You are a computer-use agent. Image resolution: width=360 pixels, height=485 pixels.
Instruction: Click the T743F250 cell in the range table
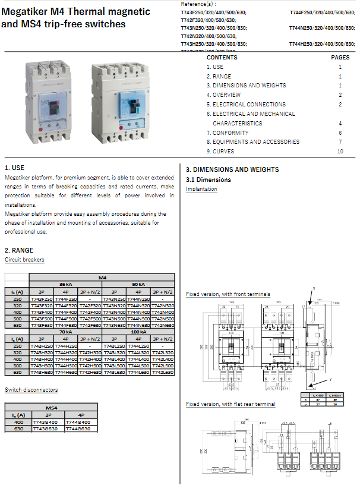click(x=42, y=298)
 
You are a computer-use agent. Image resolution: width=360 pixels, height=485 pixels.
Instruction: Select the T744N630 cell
click(x=138, y=325)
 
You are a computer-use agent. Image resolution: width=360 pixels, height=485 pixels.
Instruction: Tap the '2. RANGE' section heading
click(x=19, y=250)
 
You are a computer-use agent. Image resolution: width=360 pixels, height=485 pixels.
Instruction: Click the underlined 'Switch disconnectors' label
click(x=31, y=390)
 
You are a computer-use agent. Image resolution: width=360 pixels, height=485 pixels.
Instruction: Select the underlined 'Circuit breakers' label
click(x=24, y=260)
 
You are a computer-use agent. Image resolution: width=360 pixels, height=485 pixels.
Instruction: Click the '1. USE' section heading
click(x=14, y=169)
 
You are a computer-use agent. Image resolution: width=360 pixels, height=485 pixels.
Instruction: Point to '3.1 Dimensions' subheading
click(x=209, y=179)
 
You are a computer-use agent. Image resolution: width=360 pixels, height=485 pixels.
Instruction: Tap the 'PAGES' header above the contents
click(x=340, y=58)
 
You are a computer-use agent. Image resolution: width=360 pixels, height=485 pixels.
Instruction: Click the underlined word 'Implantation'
click(x=201, y=189)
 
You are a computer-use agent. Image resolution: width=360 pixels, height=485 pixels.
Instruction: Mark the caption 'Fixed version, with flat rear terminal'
click(x=230, y=404)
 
